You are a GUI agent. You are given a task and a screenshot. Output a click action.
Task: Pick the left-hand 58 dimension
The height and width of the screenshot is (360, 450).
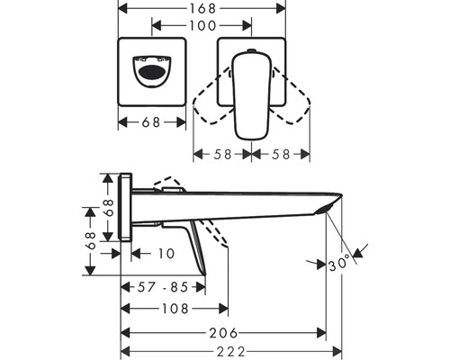(221, 154)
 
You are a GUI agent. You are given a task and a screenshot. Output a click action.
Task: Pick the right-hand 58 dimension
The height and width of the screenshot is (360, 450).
(279, 154)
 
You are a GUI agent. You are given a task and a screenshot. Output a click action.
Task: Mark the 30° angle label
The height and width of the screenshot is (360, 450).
(339, 265)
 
